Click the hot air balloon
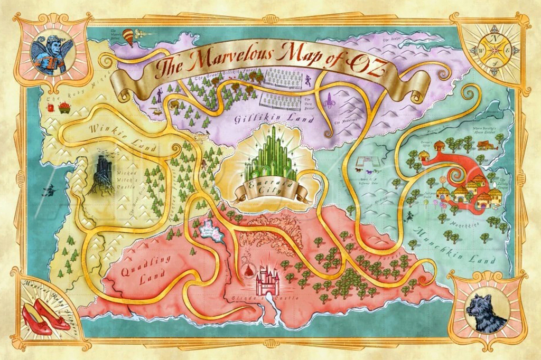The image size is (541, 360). (128, 37)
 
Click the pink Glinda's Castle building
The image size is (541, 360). (267, 280)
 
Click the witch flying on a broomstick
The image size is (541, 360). (50, 191)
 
